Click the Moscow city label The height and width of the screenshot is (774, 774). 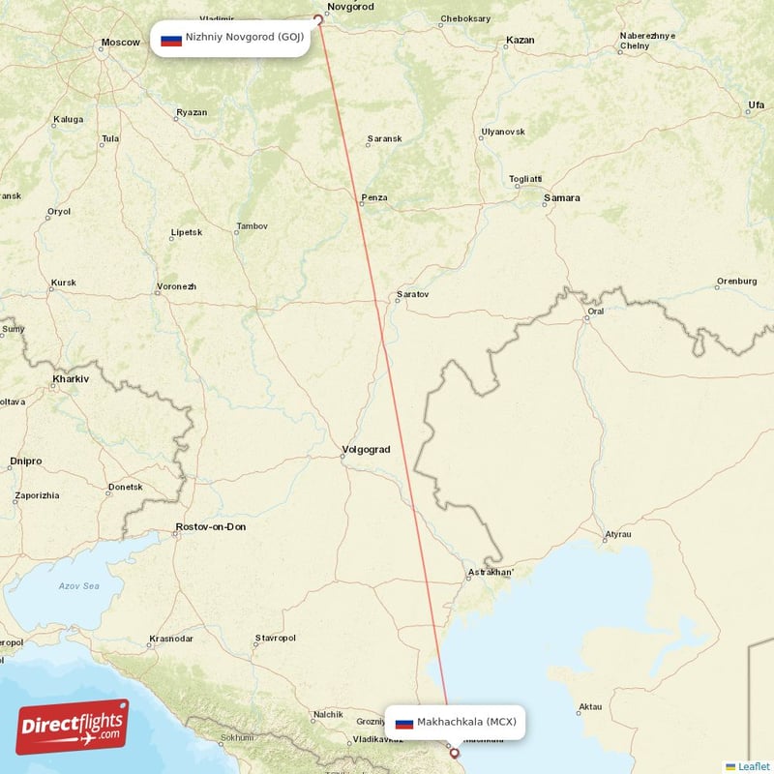tap(120, 43)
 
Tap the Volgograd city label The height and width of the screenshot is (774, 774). tap(366, 450)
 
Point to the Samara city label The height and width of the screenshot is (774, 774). tap(561, 198)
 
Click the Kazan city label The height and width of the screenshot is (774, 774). tap(520, 41)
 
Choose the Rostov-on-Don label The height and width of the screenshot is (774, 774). tap(210, 527)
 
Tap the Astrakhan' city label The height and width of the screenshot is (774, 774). tap(491, 573)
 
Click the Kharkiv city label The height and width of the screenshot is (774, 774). tap(71, 379)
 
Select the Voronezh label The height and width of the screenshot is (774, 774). tap(176, 287)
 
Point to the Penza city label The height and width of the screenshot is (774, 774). tap(374, 198)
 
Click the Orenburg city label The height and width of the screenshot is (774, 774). tap(736, 282)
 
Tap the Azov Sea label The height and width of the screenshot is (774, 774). tap(78, 585)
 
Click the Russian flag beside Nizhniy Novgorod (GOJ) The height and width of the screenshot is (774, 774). tap(171, 40)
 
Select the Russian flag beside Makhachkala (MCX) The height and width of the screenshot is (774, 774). tap(404, 723)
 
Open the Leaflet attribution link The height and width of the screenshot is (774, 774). tap(753, 766)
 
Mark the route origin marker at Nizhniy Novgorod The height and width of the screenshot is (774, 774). tap(317, 18)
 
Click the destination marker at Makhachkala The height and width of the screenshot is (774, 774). tap(454, 752)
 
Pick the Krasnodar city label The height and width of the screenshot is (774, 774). tap(170, 639)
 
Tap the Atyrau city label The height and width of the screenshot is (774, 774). tap(617, 534)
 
